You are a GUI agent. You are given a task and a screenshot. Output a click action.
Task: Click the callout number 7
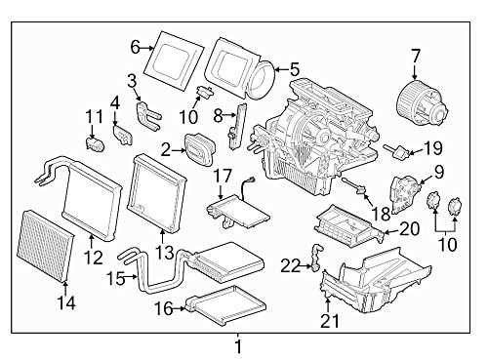(416, 57)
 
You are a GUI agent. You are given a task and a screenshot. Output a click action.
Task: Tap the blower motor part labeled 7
(423, 102)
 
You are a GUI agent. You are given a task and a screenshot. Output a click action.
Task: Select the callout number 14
(66, 302)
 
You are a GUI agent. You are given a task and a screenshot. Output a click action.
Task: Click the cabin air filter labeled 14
(46, 247)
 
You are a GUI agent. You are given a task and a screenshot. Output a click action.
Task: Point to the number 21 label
(330, 320)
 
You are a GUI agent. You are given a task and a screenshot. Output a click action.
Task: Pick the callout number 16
(163, 308)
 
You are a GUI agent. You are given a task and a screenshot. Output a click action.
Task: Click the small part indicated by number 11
(95, 143)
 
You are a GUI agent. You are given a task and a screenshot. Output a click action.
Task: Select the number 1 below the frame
(238, 346)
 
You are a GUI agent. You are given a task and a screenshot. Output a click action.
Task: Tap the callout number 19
(433, 148)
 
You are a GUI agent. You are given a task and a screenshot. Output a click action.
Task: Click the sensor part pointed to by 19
(396, 151)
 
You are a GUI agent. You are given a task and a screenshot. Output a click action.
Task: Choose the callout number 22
(290, 266)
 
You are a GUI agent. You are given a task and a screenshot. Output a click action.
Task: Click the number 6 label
(136, 48)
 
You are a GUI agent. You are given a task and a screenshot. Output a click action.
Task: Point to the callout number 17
(223, 177)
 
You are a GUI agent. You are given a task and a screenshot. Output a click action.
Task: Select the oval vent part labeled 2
(200, 149)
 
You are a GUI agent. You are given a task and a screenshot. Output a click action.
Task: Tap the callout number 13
(164, 252)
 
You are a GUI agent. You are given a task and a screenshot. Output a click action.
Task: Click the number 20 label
(410, 229)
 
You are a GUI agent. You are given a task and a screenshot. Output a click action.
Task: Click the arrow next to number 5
(282, 69)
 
